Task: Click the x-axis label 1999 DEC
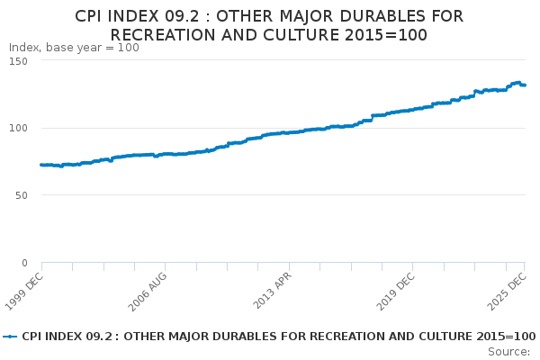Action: (23, 292)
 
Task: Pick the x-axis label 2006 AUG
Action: (147, 292)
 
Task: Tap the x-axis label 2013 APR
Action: (271, 292)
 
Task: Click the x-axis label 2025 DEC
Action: (507, 292)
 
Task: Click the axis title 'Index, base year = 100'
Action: (74, 48)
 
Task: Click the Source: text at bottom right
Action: (509, 351)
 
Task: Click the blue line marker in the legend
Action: (10, 336)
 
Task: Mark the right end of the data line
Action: (525, 85)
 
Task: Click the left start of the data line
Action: (41, 165)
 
